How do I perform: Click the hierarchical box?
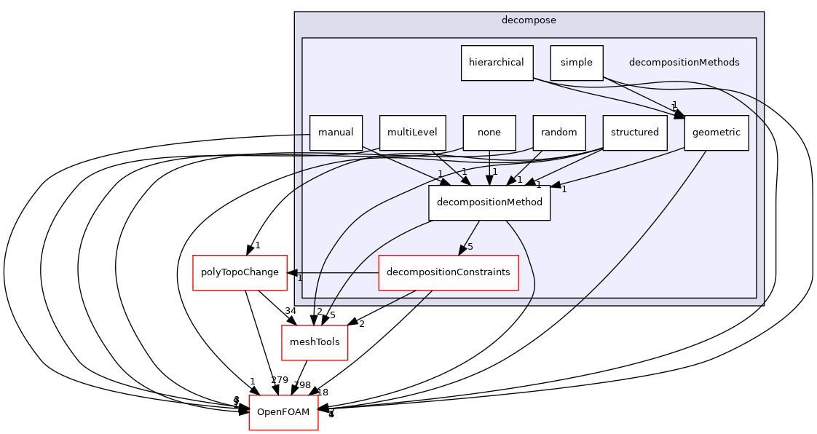pos(497,63)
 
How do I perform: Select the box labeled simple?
pos(576,63)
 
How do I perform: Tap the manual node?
pos(336,133)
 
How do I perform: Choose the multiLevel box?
pos(412,133)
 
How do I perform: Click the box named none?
pos(489,133)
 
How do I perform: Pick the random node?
pos(559,133)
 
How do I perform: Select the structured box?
pos(634,133)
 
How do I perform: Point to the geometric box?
pos(716,133)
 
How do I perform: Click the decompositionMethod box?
pos(489,202)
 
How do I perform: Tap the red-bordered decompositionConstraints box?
pos(448,272)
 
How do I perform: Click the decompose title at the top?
pos(529,20)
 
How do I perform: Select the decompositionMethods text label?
pos(684,63)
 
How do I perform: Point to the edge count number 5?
pos(470,247)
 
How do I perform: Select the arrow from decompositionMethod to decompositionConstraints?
pos(470,237)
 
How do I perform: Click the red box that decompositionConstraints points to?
pos(240,273)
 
